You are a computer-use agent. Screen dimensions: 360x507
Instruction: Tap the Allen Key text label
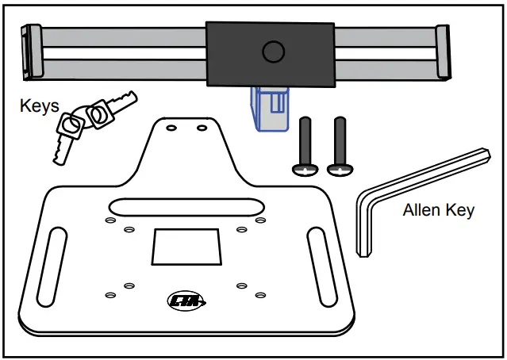pyautogui.click(x=438, y=210)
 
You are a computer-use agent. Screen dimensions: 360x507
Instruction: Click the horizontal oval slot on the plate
pyautogui.click(x=185, y=206)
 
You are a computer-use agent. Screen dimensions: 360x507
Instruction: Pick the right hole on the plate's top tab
pyautogui.click(x=202, y=127)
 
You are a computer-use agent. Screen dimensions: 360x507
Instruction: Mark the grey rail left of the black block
pyautogui.click(x=119, y=48)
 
